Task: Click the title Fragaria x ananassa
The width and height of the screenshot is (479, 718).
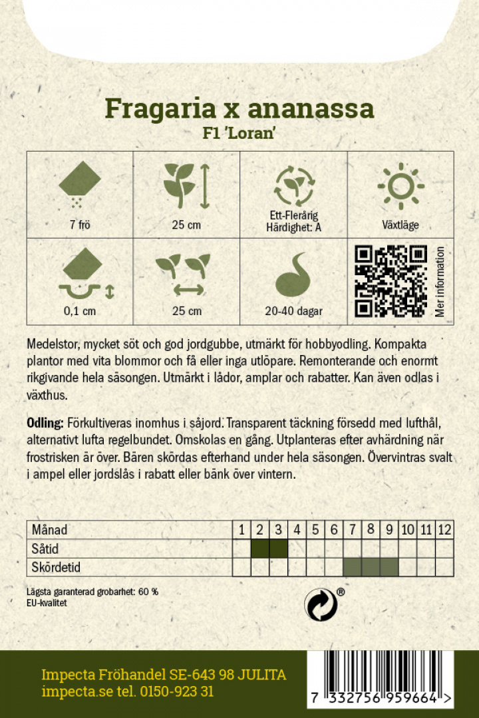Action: point(239,108)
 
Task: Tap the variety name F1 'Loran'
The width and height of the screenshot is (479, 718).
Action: point(239,132)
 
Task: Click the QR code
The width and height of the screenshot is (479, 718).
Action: point(391,281)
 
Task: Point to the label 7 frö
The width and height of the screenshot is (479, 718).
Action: point(80,225)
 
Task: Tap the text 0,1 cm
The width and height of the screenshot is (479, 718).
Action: point(80,311)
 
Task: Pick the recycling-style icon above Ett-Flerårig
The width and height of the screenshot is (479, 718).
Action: point(293,184)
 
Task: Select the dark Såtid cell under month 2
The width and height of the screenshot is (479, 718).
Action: point(260,548)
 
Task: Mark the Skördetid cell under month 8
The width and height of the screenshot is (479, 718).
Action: point(371,567)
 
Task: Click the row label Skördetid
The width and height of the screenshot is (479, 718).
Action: point(56,567)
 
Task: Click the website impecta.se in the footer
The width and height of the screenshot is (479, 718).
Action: point(69,691)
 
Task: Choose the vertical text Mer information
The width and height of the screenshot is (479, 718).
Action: point(440,282)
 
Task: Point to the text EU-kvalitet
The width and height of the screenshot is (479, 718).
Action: point(47,602)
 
